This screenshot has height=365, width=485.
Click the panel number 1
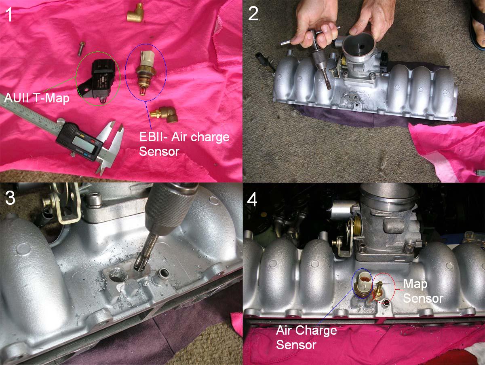(8, 14)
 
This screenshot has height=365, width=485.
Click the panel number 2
(253, 14)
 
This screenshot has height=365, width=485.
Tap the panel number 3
(10, 197)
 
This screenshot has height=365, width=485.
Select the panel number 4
(252, 200)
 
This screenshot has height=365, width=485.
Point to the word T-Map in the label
(52, 98)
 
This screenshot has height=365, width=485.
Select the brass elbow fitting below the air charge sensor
(164, 115)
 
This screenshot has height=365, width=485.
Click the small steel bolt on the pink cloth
(81, 48)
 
